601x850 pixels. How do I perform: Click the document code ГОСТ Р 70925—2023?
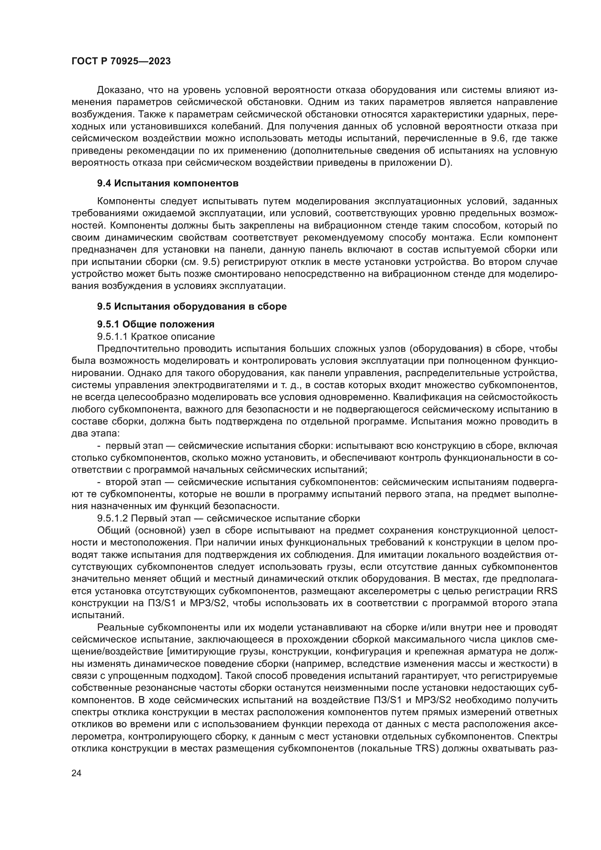pos(121,61)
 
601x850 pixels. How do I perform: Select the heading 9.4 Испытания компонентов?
pos(168,183)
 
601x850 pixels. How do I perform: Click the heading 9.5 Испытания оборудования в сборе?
pos(192,307)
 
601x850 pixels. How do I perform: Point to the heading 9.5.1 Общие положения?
pos(156,324)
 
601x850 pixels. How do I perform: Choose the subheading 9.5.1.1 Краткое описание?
pos(156,337)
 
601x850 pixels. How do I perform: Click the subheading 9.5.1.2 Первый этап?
pos(228,518)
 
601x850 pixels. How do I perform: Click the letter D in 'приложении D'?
pos(444,163)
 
